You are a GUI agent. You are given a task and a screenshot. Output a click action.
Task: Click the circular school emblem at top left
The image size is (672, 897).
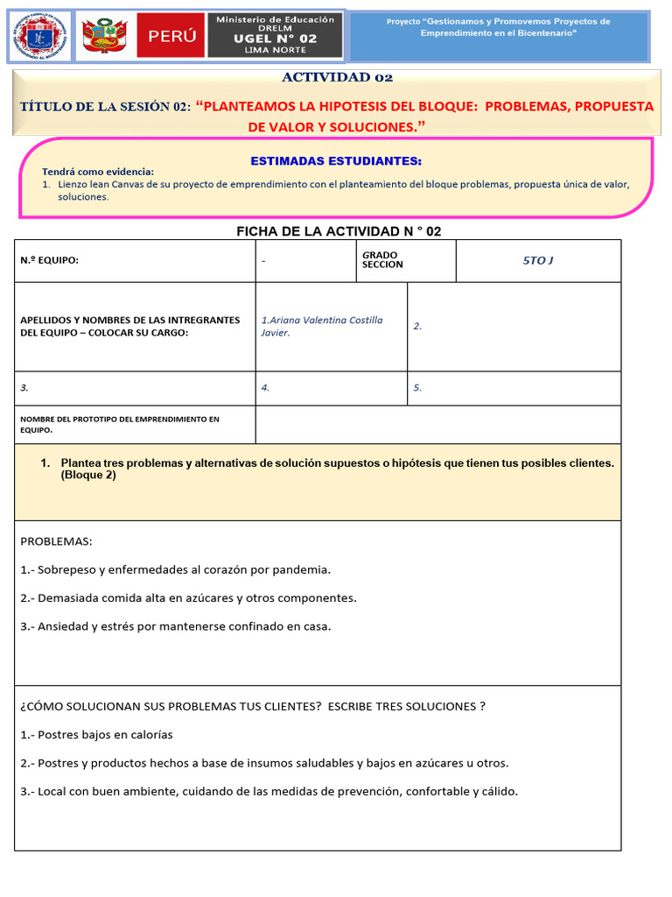[x=40, y=37]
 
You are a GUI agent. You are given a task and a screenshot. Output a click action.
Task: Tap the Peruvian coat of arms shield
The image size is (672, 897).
[x=104, y=37]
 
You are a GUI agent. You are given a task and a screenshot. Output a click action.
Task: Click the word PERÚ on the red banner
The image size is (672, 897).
[x=171, y=37]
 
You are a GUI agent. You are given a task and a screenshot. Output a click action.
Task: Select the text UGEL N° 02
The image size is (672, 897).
[x=276, y=39]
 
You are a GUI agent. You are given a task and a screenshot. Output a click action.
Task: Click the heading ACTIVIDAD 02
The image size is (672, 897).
[x=337, y=78]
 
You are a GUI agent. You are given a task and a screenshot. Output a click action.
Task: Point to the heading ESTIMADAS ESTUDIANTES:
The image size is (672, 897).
[x=336, y=161]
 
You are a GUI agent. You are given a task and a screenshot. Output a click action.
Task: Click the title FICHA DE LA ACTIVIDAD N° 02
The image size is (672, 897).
[x=339, y=231]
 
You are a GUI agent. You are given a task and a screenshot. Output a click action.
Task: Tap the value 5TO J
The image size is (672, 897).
[x=538, y=261]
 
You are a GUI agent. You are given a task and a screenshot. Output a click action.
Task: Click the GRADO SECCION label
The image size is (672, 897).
[x=382, y=260]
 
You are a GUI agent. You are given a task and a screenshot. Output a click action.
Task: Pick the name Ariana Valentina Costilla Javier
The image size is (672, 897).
[x=321, y=326]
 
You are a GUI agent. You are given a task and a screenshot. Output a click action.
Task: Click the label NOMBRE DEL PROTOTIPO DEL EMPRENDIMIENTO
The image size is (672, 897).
[x=120, y=425]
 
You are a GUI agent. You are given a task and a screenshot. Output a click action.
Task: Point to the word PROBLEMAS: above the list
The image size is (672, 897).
[x=56, y=541]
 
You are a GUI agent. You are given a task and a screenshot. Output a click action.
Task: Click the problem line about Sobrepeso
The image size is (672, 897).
[x=176, y=570]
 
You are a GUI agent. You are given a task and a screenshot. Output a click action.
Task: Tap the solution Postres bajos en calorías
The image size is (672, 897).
[x=96, y=735]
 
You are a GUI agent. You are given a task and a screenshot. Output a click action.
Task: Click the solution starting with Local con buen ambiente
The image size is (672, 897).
[x=269, y=792]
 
